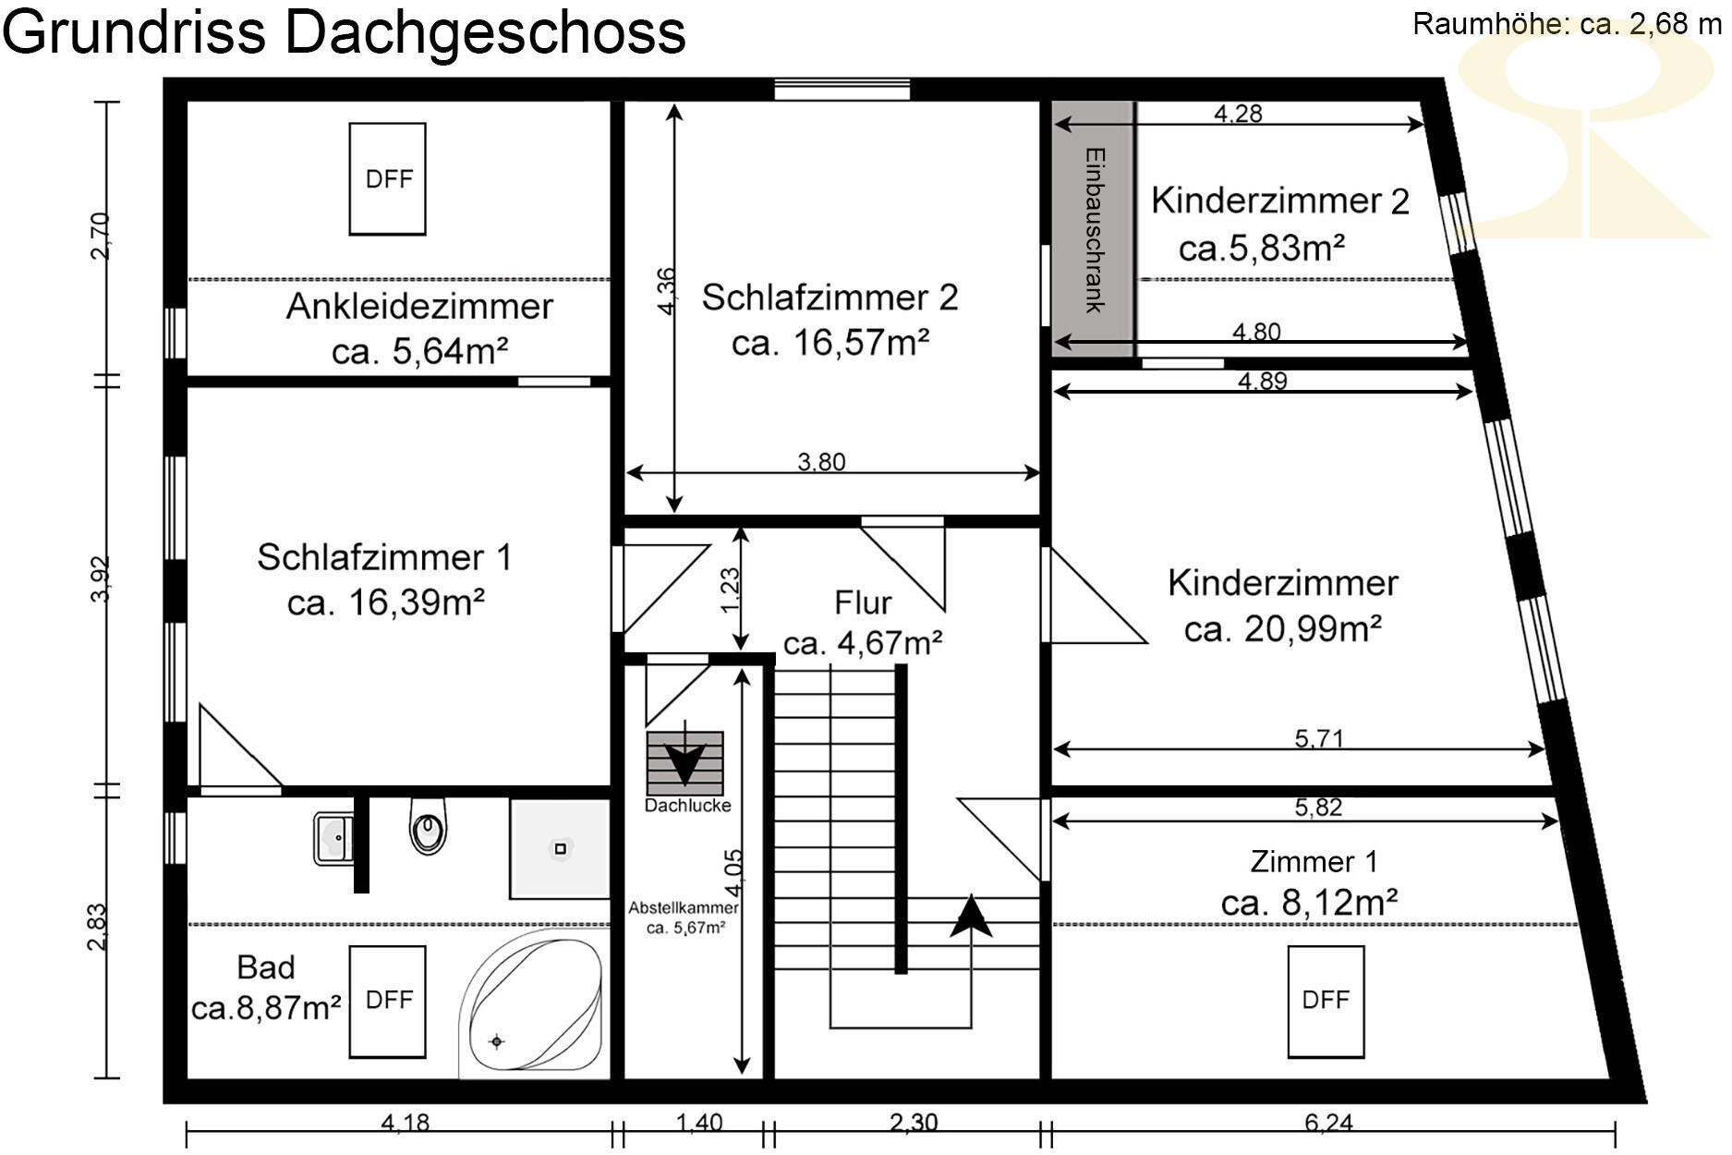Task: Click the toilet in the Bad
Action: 428,827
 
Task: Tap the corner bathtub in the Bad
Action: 534,1002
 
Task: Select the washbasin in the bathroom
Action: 333,838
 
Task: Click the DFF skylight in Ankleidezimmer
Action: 387,179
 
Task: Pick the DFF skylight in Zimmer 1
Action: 1326,1002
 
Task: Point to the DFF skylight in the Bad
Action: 387,1002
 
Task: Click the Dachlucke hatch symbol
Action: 684,763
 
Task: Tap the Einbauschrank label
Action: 1095,230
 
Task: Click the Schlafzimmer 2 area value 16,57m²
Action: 830,343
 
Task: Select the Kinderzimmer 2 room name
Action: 1280,201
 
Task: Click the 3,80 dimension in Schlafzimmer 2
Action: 821,462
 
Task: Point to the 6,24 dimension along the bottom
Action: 1328,1123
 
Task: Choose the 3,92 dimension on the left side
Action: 101,579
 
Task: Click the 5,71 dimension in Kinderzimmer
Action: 1318,738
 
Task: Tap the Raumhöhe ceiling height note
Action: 1568,24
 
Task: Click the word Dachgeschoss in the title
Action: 485,32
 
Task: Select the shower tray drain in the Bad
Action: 559,848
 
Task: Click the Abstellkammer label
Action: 684,907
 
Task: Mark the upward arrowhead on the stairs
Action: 971,916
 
